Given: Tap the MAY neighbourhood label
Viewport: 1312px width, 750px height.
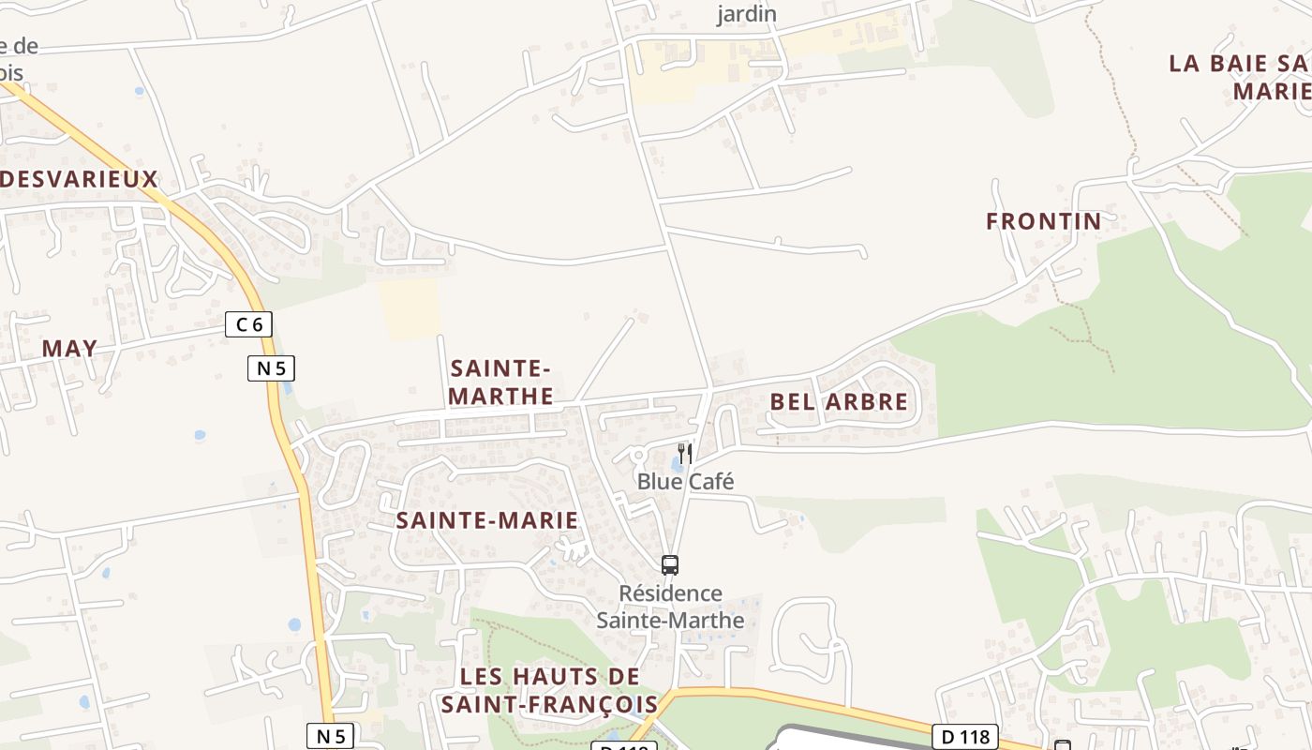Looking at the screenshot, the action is [69, 348].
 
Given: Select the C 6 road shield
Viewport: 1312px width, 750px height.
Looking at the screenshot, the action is [249, 325].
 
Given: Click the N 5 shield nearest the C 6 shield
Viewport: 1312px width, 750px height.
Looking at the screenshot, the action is [271, 368].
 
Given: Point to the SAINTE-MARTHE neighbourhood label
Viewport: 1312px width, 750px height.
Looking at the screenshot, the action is [500, 382].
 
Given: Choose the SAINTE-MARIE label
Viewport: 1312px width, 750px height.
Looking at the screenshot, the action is [486, 520].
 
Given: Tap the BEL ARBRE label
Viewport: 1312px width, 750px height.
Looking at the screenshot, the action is [839, 402].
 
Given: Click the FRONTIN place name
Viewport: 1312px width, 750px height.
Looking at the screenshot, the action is [1043, 221].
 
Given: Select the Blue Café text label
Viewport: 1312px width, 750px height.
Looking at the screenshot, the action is [685, 481].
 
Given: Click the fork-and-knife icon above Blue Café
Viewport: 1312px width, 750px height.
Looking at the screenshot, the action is [685, 454].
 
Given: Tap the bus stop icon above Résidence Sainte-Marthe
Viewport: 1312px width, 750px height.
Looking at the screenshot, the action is [670, 564].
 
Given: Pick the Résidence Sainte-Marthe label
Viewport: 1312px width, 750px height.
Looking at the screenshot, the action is [671, 607].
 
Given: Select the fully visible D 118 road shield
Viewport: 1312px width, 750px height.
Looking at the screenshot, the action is [966, 737].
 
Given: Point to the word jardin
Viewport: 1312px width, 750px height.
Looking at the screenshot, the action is [747, 13].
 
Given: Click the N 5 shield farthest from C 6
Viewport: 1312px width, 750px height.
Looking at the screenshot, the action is [330, 736].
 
